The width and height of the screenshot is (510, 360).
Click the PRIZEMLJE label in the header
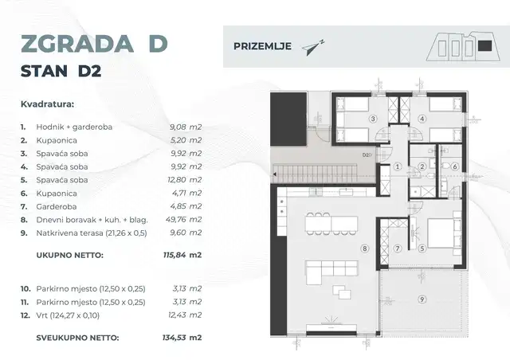coord(261,46)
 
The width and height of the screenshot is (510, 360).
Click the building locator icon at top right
coord(463,47)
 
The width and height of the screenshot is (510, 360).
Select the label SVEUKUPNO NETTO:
coord(77,338)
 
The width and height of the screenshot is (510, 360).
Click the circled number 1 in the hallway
coord(396,167)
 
